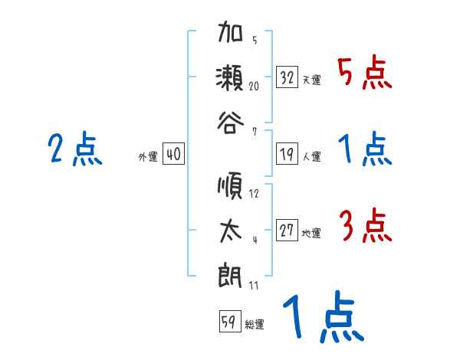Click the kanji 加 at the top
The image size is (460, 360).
click(x=232, y=35)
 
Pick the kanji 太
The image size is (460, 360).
click(x=232, y=231)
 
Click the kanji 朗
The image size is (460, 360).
click(x=232, y=273)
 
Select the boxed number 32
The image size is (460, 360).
click(x=287, y=77)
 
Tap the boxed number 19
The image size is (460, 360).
click(x=287, y=155)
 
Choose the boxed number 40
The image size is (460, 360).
click(x=173, y=155)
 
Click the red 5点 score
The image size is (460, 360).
click(x=364, y=74)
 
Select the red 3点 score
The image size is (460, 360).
click(x=366, y=227)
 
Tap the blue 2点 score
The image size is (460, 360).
click(x=74, y=149)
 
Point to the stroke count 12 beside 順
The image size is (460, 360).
click(x=254, y=194)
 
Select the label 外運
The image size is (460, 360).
click(x=148, y=157)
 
